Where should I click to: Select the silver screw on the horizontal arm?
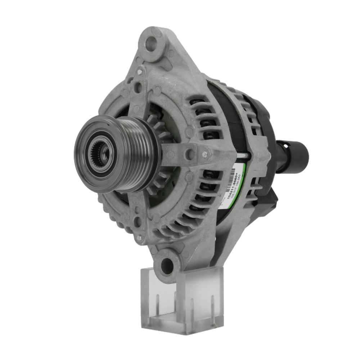pos(204,154)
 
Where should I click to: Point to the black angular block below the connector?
pos(273,196)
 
